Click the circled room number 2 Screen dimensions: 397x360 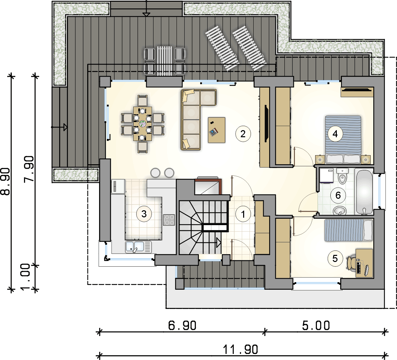(x=243, y=134)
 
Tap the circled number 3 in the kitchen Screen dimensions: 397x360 (x=144, y=214)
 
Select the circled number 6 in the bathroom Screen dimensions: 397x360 (x=338, y=195)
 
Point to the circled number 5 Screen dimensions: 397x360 (x=335, y=259)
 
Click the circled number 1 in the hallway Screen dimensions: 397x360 (x=243, y=214)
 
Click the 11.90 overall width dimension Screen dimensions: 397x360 (x=240, y=350)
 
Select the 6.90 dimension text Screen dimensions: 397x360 (x=182, y=325)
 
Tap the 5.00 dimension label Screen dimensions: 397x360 (x=316, y=325)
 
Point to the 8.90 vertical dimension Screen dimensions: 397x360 (x=5, y=182)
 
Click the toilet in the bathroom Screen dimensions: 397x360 (x=342, y=176)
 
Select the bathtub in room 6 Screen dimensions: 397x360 (x=364, y=192)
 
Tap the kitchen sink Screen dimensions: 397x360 (x=138, y=247)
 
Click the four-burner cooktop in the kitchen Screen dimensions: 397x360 (x=169, y=220)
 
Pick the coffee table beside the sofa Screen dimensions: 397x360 (x=216, y=130)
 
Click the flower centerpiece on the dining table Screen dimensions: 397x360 (x=143, y=124)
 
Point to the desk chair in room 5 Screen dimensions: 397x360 (x=350, y=263)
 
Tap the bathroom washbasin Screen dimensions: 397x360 (x=340, y=210)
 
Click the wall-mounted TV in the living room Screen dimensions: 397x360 (x=266, y=123)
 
